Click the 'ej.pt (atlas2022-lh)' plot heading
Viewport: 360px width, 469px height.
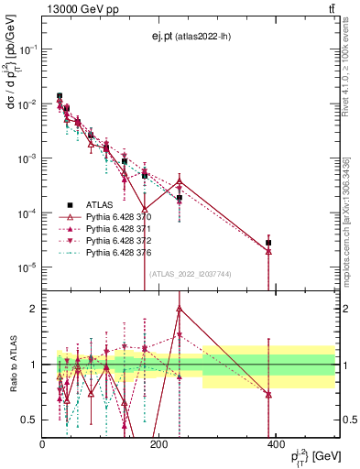click(x=190, y=36)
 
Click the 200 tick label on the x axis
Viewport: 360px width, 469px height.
click(x=158, y=443)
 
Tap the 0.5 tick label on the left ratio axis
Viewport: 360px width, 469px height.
click(x=30, y=420)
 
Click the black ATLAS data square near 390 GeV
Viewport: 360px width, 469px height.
click(x=268, y=243)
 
